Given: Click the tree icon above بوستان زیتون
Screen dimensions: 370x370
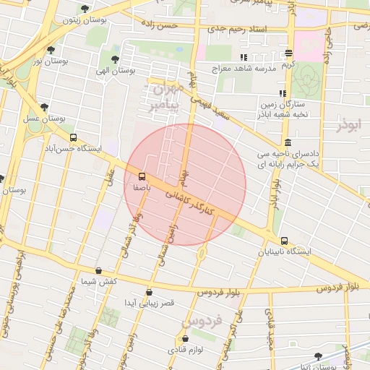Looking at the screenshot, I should pos(85,9).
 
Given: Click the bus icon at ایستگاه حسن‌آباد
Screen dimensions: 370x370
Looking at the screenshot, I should pos(72,137).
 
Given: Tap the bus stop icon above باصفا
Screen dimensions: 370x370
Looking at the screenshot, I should pos(142,176).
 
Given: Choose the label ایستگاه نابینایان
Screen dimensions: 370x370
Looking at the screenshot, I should pos(288,253).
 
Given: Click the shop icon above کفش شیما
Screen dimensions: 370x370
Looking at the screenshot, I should pos(99,271).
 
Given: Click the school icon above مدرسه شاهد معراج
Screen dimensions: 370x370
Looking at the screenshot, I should pos(243,57).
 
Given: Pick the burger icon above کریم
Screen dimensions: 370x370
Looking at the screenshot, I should pos(288,53).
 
